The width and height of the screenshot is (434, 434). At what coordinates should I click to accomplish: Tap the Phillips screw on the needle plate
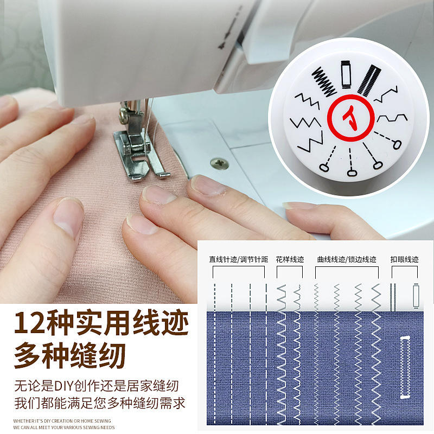(220, 163)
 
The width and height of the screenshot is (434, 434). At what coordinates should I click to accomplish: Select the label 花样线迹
(290, 259)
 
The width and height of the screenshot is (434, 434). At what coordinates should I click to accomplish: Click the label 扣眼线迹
(404, 259)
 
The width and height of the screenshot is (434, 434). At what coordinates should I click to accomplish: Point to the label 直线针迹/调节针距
(239, 259)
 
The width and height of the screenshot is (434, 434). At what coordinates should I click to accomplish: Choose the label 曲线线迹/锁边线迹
(347, 259)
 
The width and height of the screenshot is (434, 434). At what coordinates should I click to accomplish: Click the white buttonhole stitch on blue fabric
(405, 367)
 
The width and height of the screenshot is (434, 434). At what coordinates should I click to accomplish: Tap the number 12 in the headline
(30, 323)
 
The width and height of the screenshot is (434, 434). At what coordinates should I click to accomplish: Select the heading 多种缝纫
(70, 356)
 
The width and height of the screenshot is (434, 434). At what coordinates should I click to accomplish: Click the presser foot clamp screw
(123, 114)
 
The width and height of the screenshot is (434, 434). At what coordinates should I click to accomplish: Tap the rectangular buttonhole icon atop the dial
(346, 74)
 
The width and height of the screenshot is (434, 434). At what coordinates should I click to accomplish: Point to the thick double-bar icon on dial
(369, 80)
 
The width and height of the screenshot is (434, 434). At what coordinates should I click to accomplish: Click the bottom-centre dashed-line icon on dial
(350, 162)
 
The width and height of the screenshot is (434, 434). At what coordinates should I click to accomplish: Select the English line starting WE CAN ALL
(64, 427)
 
